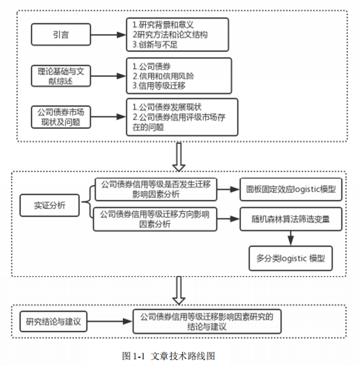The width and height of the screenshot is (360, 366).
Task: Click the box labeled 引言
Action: pyautogui.click(x=61, y=34)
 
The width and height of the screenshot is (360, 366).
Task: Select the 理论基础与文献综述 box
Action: pyautogui.click(x=61, y=76)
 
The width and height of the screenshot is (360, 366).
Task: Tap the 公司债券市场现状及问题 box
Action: pyautogui.click(x=61, y=117)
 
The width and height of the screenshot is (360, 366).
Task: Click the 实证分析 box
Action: pyautogui.click(x=50, y=205)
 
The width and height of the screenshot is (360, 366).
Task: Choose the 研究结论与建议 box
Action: pyautogui.click(x=53, y=322)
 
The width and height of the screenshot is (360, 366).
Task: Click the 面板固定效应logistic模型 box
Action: pyautogui.click(x=291, y=189)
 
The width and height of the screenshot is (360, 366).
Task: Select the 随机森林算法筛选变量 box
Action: pyautogui.click(x=291, y=219)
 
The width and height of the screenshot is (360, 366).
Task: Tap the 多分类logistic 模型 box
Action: pyautogui.click(x=290, y=259)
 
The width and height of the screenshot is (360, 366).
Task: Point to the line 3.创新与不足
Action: pyautogui.click(x=155, y=44)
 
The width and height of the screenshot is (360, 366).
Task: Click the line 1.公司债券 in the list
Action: pyautogui.click(x=152, y=66)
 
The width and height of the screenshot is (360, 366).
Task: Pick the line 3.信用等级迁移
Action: pyautogui.click(x=159, y=86)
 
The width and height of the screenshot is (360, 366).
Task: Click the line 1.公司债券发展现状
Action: pyautogui.click(x=167, y=107)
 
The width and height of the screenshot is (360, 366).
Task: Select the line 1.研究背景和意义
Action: pyautogui.click(x=163, y=24)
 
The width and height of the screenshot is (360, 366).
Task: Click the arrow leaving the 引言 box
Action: pyautogui.click(x=108, y=35)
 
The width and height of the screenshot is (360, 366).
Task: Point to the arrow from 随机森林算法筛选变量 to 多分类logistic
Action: pyautogui.click(x=290, y=239)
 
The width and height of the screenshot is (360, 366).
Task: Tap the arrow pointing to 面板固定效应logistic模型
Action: pyautogui.click(x=228, y=190)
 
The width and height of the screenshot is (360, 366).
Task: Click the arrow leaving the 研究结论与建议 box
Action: pyautogui.click(x=110, y=322)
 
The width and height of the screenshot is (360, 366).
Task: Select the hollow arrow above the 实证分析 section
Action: pyautogui.click(x=179, y=157)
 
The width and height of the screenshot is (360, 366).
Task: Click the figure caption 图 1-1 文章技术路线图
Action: pyautogui.click(x=168, y=356)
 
